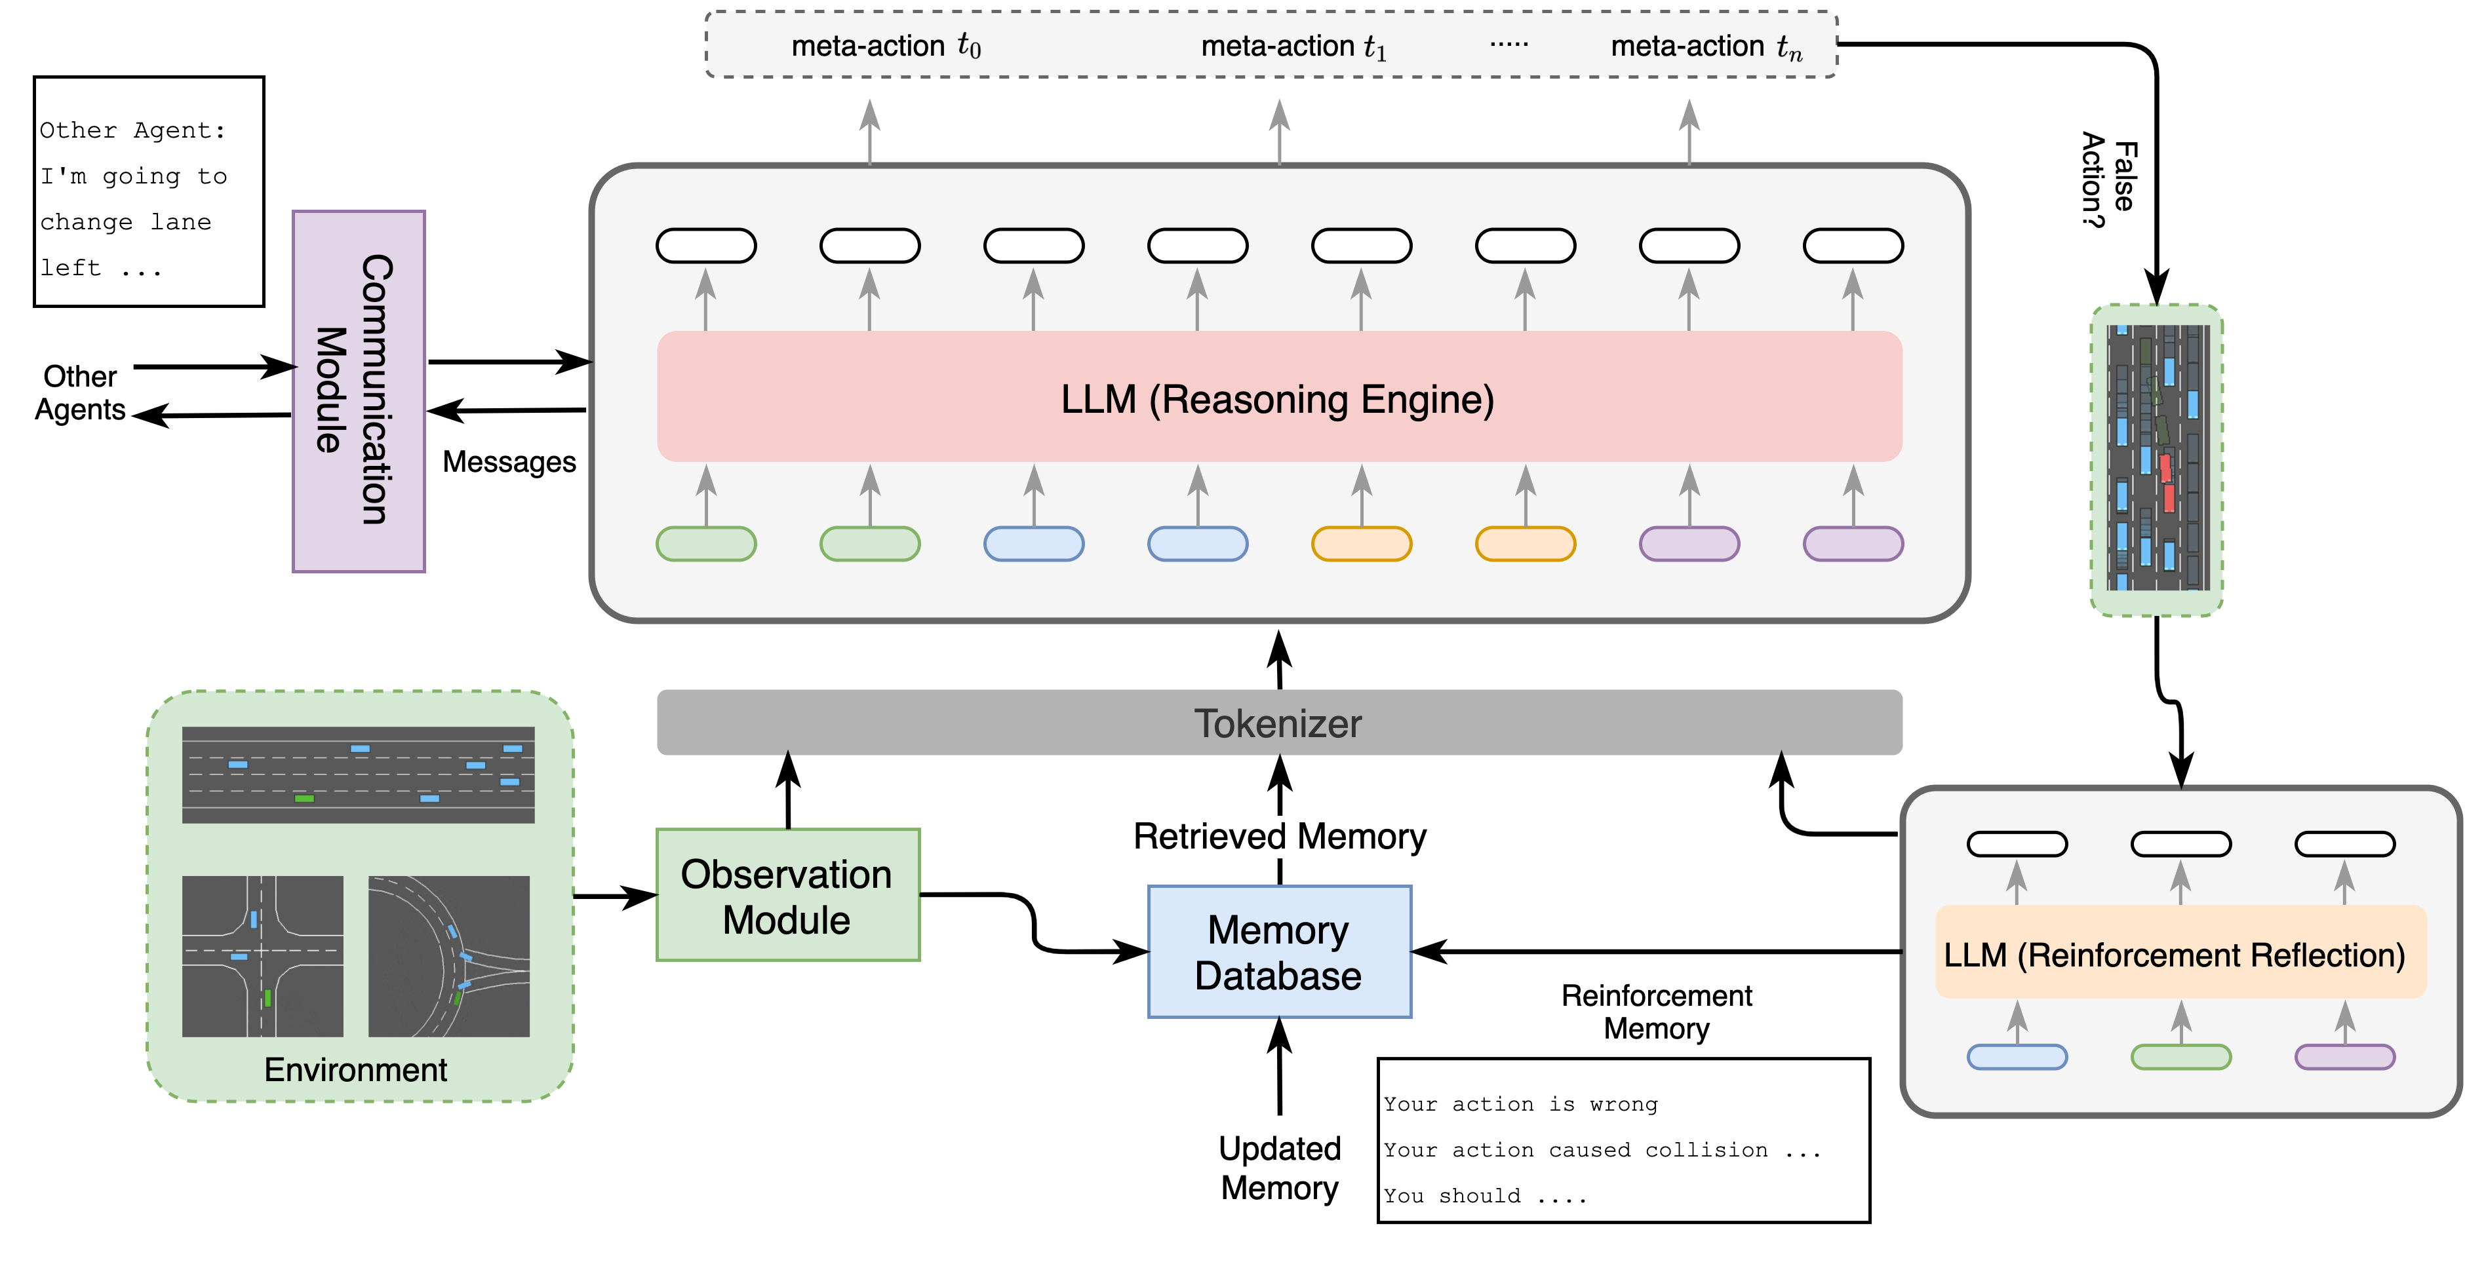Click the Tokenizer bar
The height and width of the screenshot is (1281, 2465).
coord(1278,723)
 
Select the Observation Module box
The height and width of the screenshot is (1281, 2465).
coord(787,896)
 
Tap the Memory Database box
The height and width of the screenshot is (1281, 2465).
coord(1278,952)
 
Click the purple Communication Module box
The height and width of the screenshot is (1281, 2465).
coord(358,391)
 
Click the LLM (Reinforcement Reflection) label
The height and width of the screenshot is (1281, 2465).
coord(2174,955)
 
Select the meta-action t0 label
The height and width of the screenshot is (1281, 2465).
coord(885,46)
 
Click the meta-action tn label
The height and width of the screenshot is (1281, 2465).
coord(1706,46)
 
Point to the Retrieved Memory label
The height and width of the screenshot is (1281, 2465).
coord(1278,836)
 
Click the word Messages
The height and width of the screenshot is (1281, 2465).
coord(509,462)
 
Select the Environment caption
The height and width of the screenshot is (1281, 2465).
coord(355,1069)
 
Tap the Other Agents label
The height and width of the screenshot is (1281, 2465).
coord(81,392)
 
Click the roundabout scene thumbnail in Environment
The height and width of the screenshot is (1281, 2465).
coord(449,956)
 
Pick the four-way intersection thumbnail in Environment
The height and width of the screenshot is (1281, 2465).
coord(262,956)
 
